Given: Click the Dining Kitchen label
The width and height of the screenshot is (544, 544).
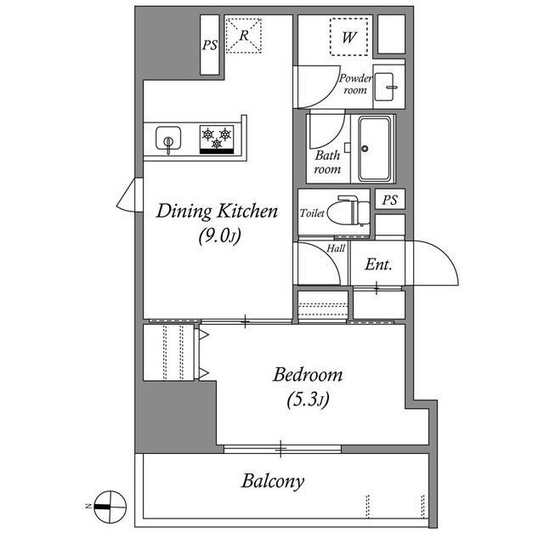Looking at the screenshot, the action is (217, 212).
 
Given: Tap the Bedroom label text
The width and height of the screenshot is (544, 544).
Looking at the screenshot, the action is (308, 375).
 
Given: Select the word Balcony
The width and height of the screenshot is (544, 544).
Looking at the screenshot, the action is (273, 481).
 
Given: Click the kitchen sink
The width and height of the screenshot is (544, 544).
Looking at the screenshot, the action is (168, 138).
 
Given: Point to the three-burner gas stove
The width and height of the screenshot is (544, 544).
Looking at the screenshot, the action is (217, 139).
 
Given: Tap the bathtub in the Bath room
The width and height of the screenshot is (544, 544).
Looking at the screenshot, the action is (375, 149).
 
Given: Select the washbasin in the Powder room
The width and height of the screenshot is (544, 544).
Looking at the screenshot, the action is (385, 87).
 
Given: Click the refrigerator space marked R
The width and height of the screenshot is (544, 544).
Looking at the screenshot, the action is (244, 36).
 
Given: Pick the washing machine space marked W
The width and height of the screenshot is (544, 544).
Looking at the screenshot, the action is (348, 37).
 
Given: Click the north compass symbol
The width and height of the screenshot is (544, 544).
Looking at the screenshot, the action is (110, 507).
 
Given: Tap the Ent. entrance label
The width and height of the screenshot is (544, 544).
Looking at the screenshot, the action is (378, 265).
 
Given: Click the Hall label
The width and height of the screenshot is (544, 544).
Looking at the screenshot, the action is (336, 248).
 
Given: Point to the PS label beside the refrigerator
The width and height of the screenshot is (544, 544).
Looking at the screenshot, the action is (210, 45).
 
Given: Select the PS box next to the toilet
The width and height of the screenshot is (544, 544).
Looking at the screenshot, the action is (390, 200).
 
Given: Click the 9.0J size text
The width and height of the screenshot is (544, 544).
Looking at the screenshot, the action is (219, 236).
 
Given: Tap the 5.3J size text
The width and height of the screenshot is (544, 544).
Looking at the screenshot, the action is (308, 400).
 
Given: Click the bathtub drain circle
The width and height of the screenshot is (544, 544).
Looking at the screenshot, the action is (365, 149).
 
